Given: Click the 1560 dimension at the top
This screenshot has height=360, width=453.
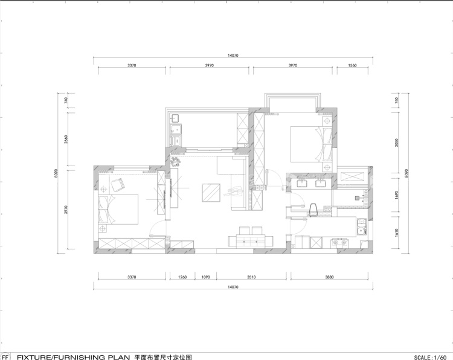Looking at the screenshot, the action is (352, 65).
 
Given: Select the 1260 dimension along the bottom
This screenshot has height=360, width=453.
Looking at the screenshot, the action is (182, 277).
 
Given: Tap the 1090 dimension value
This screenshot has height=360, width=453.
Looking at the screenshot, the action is (206, 277).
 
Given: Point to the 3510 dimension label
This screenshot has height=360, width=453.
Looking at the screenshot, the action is (251, 277).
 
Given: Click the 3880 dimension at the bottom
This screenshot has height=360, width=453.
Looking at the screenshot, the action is (329, 277).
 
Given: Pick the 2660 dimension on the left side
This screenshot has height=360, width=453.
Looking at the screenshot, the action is (66, 140).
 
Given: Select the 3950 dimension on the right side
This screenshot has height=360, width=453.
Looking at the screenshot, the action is (397, 143).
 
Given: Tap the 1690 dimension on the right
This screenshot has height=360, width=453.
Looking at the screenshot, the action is (397, 195).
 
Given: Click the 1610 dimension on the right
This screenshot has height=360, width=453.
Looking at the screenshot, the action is (397, 233).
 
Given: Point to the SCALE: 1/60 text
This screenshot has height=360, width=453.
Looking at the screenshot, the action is (430, 357).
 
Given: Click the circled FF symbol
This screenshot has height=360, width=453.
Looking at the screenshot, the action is (5, 356).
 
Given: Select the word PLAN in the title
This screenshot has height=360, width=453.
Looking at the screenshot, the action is (119, 357).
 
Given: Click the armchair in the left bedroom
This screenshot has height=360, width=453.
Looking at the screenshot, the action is (117, 185).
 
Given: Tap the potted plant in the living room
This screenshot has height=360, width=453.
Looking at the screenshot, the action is (175, 162).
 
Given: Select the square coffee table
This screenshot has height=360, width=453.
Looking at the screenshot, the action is (211, 193).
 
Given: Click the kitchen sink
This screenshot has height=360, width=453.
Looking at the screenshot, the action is (362, 227).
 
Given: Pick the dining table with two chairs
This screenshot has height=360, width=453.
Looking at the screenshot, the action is (251, 237).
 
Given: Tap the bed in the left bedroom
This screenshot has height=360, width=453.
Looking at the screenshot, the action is (118, 210).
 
